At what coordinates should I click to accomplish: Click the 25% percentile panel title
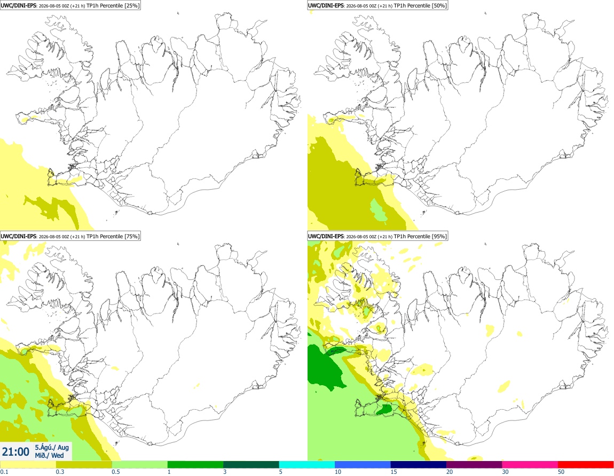click(x=70, y=5)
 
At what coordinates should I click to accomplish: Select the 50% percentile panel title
click(x=377, y=5)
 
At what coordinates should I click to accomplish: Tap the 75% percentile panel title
click(x=70, y=236)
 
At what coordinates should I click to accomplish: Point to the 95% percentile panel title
click(x=377, y=236)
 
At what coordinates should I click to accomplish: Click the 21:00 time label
click(x=15, y=452)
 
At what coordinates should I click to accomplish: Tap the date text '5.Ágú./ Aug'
click(x=52, y=447)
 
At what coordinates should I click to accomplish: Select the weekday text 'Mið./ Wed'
click(x=49, y=455)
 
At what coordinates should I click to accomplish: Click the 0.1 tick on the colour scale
click(x=4, y=472)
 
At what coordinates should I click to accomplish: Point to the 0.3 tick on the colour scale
click(x=60, y=472)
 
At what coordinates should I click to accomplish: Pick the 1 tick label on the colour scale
click(x=169, y=472)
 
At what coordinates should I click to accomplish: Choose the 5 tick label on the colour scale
click(x=281, y=472)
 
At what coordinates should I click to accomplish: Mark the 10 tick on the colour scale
click(x=337, y=472)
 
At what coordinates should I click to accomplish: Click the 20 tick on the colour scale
click(x=450, y=472)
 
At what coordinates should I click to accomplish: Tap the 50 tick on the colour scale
click(x=561, y=472)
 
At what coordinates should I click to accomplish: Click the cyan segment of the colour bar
click(x=306, y=465)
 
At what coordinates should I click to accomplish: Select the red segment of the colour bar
click(x=586, y=465)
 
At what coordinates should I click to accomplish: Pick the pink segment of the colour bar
click(x=530, y=465)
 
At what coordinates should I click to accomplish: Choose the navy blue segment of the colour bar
click(x=418, y=465)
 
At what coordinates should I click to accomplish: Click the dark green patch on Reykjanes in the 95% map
click(x=384, y=409)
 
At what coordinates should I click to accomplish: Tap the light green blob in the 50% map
click(x=378, y=210)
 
